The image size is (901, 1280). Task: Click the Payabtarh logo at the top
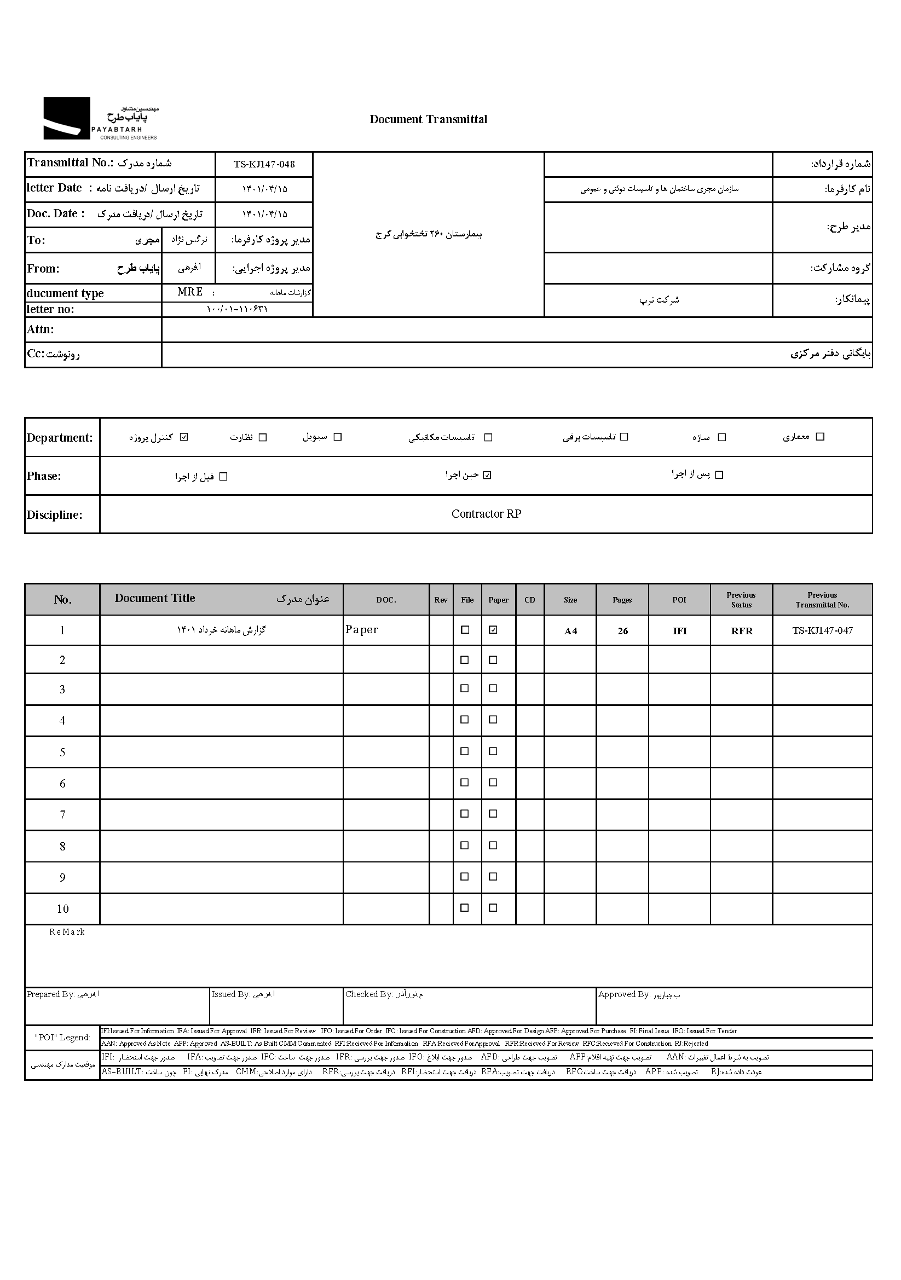point(100,118)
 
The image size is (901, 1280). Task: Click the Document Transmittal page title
point(428,119)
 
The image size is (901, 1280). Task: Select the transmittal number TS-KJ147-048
point(264,165)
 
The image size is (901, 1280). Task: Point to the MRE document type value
point(189,292)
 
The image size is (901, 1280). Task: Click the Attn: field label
point(41,329)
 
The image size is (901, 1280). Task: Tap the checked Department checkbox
point(184,437)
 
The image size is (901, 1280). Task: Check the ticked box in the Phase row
point(487,476)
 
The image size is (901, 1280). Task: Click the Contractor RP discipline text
point(486,514)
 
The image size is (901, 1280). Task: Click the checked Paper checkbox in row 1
point(493,630)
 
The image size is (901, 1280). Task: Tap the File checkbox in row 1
point(464,630)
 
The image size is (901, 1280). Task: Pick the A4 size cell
point(570,631)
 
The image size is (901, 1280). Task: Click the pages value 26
point(622,631)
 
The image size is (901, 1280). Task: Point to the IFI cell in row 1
point(680,631)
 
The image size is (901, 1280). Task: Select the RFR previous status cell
point(742,631)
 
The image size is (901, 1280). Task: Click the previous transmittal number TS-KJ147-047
point(822,630)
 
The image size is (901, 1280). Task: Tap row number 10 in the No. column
point(62,910)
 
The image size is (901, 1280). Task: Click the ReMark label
point(67,932)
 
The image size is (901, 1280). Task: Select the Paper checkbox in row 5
point(493,751)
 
